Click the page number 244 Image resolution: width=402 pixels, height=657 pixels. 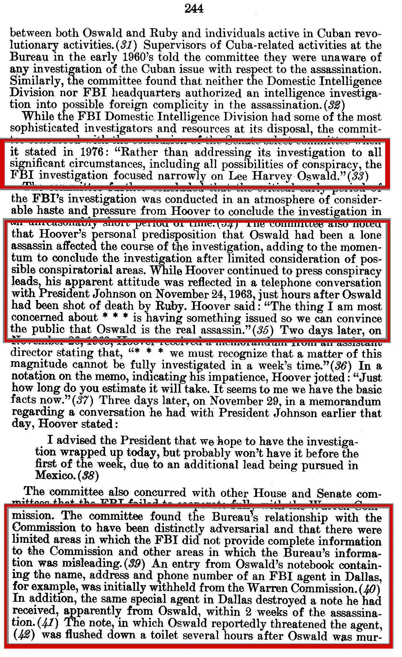(194, 9)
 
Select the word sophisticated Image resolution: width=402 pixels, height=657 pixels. (45, 129)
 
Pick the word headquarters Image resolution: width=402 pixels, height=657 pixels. (146, 93)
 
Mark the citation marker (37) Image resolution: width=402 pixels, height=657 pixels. (83, 401)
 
